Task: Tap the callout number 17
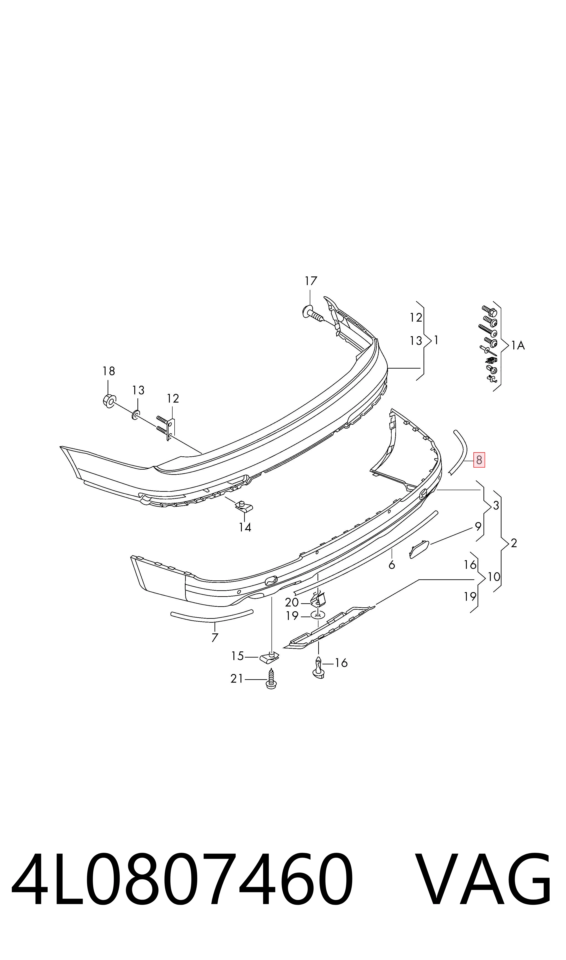[311, 281]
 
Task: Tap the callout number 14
[245, 527]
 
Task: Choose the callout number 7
[215, 637]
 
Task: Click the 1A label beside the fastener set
[518, 345]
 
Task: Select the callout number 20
[292, 602]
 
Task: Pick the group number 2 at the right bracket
[514, 543]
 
